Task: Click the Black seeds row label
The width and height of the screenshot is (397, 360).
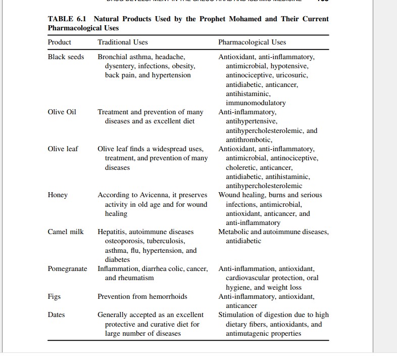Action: pos(66,57)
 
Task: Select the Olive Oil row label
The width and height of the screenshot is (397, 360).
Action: pos(62,112)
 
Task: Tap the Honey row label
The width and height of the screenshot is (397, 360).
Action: pos(58,195)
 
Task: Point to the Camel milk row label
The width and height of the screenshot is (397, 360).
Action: pos(66,232)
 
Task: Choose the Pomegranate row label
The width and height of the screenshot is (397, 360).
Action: pos(67,268)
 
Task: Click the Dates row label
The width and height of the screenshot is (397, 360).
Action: pos(57,314)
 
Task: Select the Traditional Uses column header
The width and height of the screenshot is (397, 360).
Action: pos(123,42)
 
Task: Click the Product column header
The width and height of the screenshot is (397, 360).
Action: pos(60,42)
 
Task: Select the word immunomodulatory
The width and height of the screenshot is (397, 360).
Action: pos(256,103)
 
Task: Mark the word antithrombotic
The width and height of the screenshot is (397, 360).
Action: pos(249,140)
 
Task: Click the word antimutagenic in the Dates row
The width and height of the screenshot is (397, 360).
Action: pos(249,333)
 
